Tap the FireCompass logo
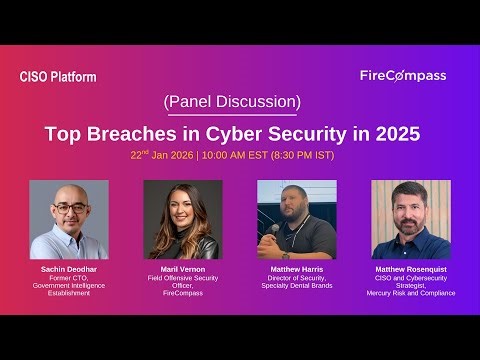coord(402,76)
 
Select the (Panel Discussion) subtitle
coord(230,103)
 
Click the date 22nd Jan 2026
coord(161,156)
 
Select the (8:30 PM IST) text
coord(302,156)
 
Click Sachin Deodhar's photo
coord(68,219)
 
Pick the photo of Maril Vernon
coord(182,219)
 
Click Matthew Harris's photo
coord(296,219)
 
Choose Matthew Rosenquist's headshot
coord(410,219)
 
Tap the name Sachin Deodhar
coord(68,270)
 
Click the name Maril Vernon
coord(182,270)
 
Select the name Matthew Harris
coord(296,270)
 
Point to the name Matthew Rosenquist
coord(410,270)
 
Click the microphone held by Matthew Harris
coord(276,228)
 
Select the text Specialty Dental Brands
coord(296,286)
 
